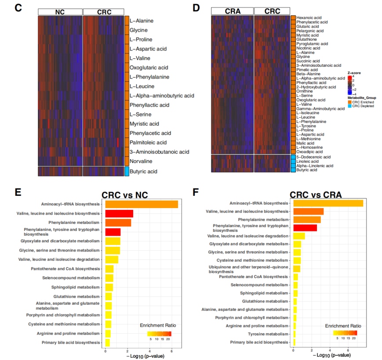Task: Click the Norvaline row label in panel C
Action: (141, 161)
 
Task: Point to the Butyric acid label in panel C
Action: (143, 172)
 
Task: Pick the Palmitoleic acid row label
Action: (148, 142)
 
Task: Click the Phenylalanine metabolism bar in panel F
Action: (307, 219)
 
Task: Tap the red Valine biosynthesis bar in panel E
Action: (117, 213)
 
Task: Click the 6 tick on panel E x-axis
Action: (172, 351)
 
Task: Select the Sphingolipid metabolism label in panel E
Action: (77, 287)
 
